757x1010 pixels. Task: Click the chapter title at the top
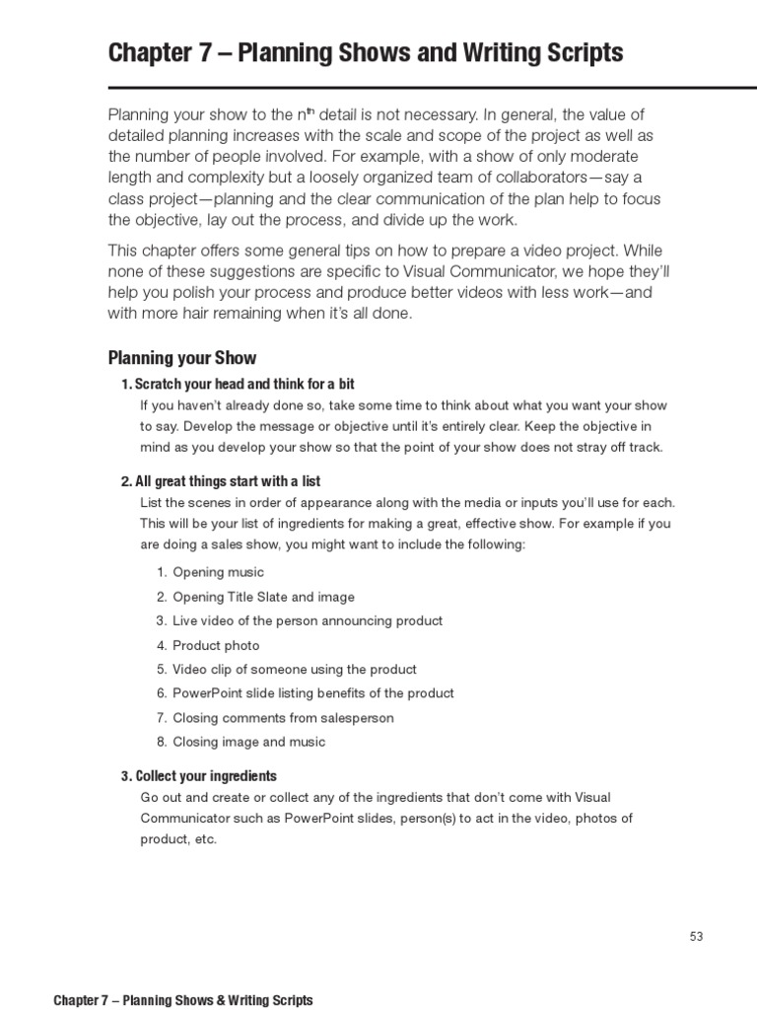pyautogui.click(x=365, y=52)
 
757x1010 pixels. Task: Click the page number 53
pyautogui.click(x=697, y=937)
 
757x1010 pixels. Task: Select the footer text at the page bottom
pyautogui.click(x=183, y=1000)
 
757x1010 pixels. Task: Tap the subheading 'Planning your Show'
pyautogui.click(x=181, y=358)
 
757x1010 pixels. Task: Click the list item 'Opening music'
pyautogui.click(x=218, y=572)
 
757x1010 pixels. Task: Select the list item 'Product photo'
pyautogui.click(x=216, y=645)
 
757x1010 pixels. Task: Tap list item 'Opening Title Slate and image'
pyautogui.click(x=263, y=597)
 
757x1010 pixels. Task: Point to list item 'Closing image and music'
pyautogui.click(x=248, y=742)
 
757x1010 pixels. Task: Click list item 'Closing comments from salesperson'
pyautogui.click(x=283, y=718)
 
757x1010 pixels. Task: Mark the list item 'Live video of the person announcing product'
pyautogui.click(x=308, y=620)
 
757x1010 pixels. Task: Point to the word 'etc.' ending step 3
pyautogui.click(x=205, y=839)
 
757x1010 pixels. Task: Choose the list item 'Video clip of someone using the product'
pyautogui.click(x=295, y=670)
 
